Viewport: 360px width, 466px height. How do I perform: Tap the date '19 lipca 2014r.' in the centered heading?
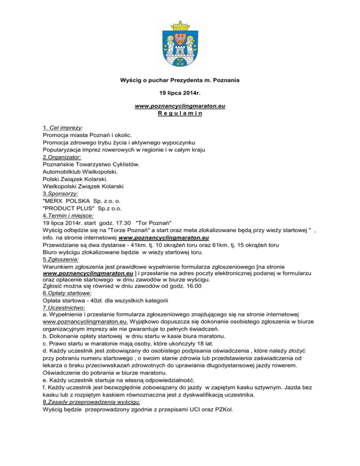click(180, 93)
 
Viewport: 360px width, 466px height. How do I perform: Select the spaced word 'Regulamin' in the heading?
click(180, 114)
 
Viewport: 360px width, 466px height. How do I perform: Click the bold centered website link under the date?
click(180, 107)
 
